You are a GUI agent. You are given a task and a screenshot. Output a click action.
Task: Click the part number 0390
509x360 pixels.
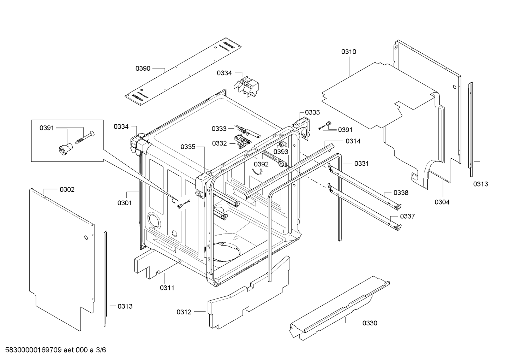tap(143, 68)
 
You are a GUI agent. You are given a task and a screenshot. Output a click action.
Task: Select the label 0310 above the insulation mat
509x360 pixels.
tap(348, 52)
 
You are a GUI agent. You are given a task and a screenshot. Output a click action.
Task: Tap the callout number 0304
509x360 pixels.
tap(442, 202)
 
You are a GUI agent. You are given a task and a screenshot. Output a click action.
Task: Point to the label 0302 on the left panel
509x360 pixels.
tap(67, 189)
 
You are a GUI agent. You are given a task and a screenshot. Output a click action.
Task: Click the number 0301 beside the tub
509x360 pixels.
tap(125, 203)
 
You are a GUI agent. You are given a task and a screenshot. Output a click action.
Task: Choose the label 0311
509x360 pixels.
tap(167, 288)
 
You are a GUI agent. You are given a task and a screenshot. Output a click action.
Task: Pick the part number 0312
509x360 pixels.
tap(184, 312)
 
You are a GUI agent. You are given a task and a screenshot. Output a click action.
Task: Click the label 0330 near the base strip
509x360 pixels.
tap(370, 323)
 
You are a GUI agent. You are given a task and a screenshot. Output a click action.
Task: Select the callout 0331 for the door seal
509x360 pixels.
tap(361, 164)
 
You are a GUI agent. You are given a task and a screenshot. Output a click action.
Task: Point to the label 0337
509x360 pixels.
tap(407, 216)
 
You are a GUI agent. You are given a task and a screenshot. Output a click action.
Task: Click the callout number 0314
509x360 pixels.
tap(353, 141)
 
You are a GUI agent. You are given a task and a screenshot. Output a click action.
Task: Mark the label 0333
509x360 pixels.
tap(219, 129)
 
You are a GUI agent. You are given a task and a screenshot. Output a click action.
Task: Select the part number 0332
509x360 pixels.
tap(219, 143)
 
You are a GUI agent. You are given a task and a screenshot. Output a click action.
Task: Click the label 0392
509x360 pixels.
tap(261, 164)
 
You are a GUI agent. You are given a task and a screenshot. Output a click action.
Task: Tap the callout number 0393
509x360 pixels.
tap(281, 152)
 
